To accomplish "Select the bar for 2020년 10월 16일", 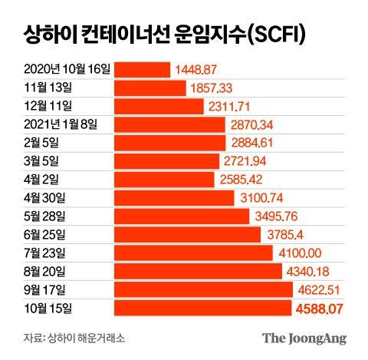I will (142, 69).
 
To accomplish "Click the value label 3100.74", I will (261, 197).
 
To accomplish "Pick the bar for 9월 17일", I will (203, 289).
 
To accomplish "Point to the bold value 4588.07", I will (320, 308).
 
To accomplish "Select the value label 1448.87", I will (198, 69).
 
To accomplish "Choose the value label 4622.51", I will (320, 289).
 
